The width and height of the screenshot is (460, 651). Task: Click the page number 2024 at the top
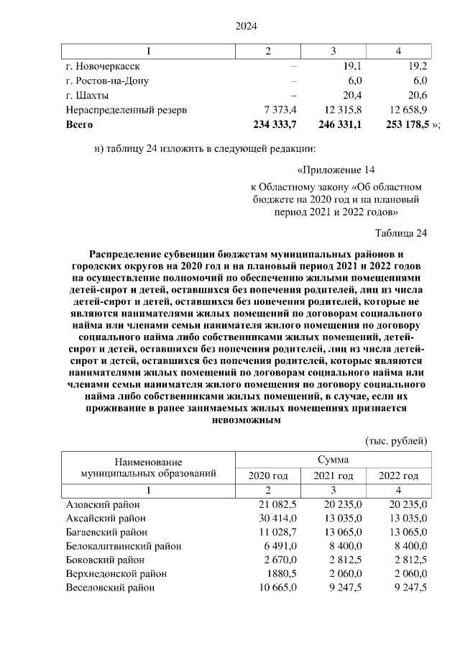pyautogui.click(x=247, y=27)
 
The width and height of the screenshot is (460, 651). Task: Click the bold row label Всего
pyautogui.click(x=78, y=124)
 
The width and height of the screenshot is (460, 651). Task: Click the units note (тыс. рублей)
pyautogui.click(x=396, y=440)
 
